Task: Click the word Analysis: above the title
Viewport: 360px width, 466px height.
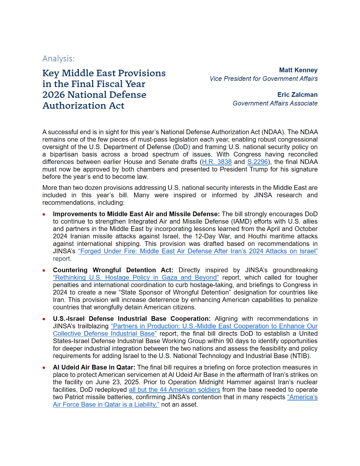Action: pyautogui.click(x=59, y=59)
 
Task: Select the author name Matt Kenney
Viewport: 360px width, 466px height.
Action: pyautogui.click(x=298, y=70)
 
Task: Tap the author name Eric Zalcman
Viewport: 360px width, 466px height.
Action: pyautogui.click(x=297, y=95)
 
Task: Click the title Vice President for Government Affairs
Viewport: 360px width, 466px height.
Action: pyautogui.click(x=264, y=79)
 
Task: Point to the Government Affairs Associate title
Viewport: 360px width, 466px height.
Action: pyautogui.click(x=275, y=104)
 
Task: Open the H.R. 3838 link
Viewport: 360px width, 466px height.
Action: pyautogui.click(x=217, y=162)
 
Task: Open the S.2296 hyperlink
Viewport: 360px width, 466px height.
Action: pyautogui.click(x=258, y=162)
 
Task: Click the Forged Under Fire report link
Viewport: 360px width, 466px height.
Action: pyautogui.click(x=198, y=251)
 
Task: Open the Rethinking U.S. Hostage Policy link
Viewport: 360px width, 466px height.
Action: pyautogui.click(x=136, y=278)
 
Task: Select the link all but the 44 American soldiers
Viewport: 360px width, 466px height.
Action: pyautogui.click(x=174, y=390)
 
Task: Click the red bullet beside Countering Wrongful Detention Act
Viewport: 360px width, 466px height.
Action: pyautogui.click(x=44, y=270)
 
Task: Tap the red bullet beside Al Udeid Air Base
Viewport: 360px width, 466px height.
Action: pyautogui.click(x=44, y=368)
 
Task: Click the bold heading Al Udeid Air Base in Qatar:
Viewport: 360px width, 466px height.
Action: pyautogui.click(x=94, y=367)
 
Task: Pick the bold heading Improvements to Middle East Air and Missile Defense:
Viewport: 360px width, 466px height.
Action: pyautogui.click(x=136, y=214)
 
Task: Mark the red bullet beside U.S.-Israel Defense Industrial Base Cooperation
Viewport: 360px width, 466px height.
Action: pyautogui.click(x=44, y=319)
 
